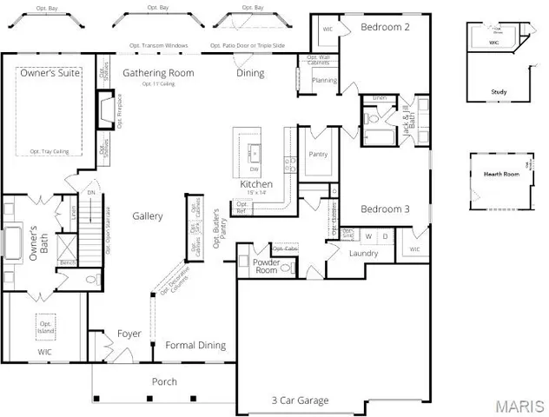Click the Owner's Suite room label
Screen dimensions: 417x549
pos(51,74)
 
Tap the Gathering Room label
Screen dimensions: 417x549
pos(158,73)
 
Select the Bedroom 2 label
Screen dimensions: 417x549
pos(385,27)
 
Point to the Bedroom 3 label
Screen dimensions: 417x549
pos(385,209)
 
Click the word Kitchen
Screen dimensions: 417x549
pos(256,185)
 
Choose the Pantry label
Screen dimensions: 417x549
pos(317,154)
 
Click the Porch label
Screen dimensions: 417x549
pos(164,381)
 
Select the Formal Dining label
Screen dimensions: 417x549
pos(195,345)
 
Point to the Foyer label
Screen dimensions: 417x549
pos(129,334)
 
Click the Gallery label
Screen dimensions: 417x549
pos(148,215)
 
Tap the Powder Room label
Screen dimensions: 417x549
pos(266,267)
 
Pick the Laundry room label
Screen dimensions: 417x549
pos(363,254)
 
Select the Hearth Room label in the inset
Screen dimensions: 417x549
pos(499,174)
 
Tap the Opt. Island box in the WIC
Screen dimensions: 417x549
pos(45,326)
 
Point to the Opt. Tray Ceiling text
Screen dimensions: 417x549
pos(49,151)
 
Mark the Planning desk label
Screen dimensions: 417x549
pos(324,80)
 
